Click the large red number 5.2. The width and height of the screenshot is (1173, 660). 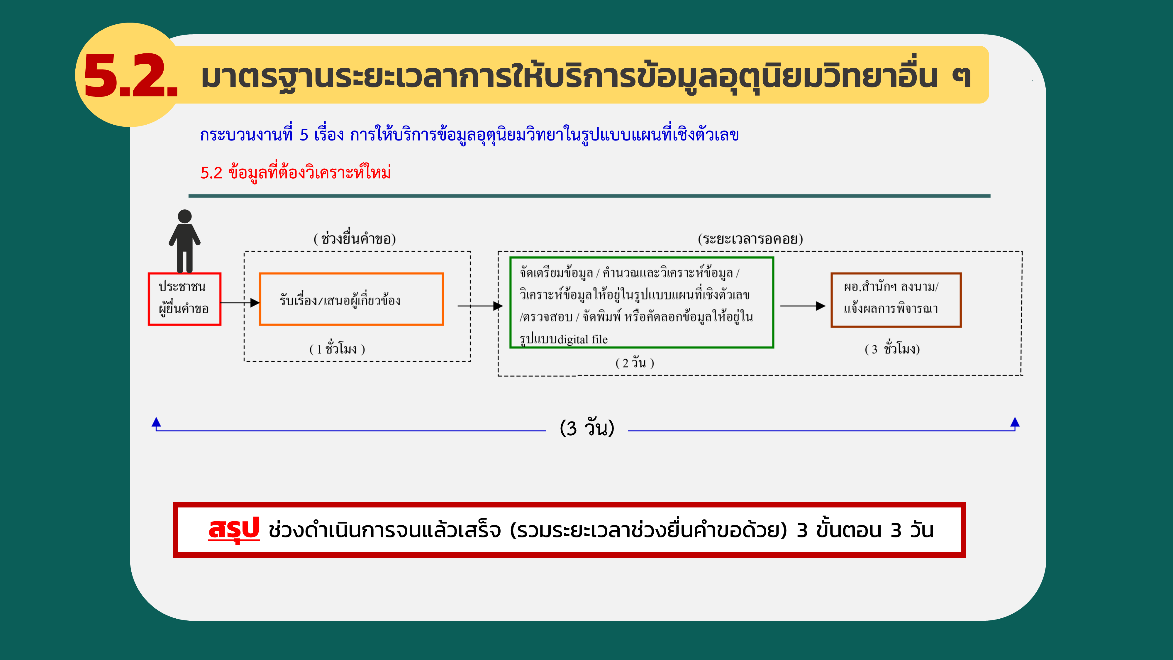click(131, 75)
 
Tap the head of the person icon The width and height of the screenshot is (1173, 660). click(184, 216)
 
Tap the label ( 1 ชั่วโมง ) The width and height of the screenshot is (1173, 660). click(337, 348)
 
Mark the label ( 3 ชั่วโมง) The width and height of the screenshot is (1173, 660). click(892, 348)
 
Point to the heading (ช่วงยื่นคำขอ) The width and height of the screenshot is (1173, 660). click(355, 238)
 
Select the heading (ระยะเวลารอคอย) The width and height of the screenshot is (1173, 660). click(750, 238)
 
